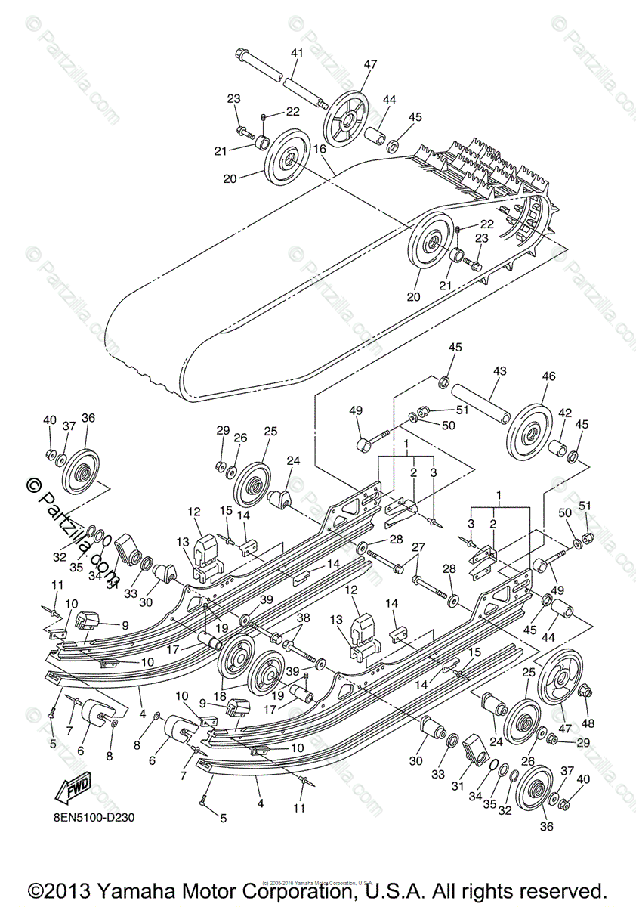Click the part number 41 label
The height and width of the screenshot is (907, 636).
tap(296, 53)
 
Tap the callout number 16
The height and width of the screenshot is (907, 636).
tap(320, 150)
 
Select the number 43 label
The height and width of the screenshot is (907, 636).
tap(499, 372)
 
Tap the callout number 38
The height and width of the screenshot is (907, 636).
tap(303, 618)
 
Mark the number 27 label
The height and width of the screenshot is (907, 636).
tap(418, 547)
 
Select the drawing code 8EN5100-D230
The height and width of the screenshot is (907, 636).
tap(94, 818)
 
